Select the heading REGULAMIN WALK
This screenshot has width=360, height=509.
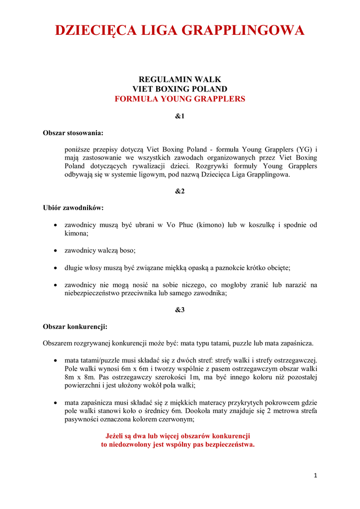[x=180, y=80]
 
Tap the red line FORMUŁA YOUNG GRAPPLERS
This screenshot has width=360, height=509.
[x=180, y=99]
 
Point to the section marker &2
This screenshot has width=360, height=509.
[x=180, y=191]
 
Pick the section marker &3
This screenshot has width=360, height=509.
[x=180, y=310]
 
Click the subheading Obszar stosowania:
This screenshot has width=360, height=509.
[x=73, y=133]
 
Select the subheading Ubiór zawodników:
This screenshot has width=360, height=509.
[x=74, y=208]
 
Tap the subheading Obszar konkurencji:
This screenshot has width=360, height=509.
[x=75, y=327]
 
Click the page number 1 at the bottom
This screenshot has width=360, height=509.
[x=315, y=476]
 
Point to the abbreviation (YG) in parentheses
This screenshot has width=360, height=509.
[x=304, y=150]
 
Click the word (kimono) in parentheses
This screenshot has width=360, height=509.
[x=211, y=225]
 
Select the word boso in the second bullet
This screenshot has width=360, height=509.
[x=127, y=251]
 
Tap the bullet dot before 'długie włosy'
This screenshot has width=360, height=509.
[x=55, y=268]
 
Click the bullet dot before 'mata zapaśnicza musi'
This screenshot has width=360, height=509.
[x=55, y=403]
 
